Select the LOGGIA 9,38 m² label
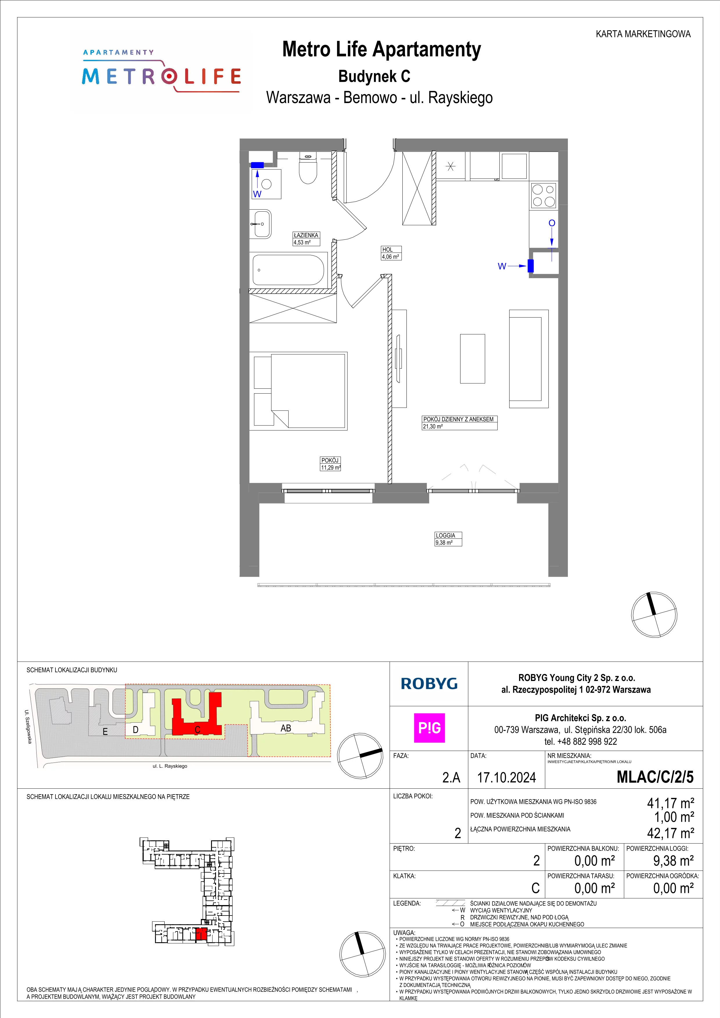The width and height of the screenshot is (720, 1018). click(448, 539)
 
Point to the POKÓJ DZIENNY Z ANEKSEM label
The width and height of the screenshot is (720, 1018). click(458, 419)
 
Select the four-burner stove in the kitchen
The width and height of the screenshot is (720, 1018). click(543, 196)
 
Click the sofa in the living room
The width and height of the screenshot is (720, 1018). click(528, 359)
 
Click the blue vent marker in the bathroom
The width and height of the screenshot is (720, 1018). click(257, 165)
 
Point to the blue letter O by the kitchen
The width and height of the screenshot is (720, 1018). click(552, 223)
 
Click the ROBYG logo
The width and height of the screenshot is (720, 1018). click(429, 684)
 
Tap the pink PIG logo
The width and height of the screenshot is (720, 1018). click(429, 728)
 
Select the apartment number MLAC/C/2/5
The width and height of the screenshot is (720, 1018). click(655, 777)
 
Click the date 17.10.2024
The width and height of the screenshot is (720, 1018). click(506, 777)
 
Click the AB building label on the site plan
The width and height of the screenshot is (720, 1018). click(285, 728)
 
